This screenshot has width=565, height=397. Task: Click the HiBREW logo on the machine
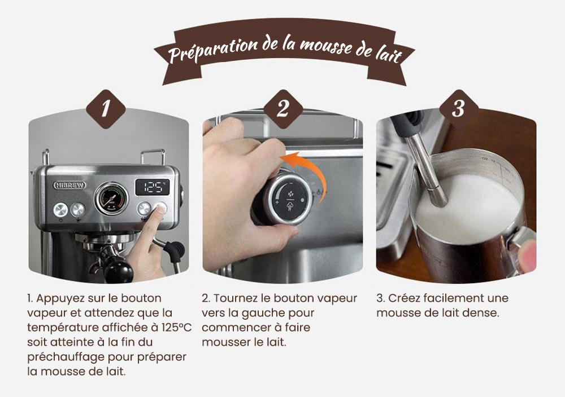[69, 185]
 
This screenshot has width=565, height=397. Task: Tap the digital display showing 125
[152, 187]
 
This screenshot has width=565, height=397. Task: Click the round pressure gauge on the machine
[111, 198]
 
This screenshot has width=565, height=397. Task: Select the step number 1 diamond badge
[105, 109]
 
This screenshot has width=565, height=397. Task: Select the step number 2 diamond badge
[282, 109]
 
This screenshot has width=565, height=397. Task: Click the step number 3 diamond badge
[458, 109]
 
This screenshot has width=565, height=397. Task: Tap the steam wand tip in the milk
[437, 197]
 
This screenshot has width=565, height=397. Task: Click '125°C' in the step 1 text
[171, 327]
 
